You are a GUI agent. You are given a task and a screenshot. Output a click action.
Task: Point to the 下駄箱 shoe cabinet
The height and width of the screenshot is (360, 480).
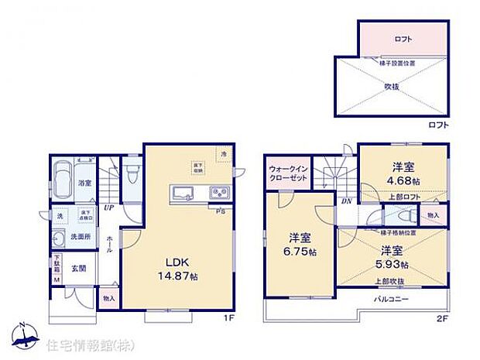57,269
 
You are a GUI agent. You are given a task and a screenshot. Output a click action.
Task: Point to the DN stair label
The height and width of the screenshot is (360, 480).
346,200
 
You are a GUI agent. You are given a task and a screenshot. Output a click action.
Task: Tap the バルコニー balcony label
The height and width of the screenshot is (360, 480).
391,299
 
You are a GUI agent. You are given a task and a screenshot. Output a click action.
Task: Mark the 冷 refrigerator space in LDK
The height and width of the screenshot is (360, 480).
223,155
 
